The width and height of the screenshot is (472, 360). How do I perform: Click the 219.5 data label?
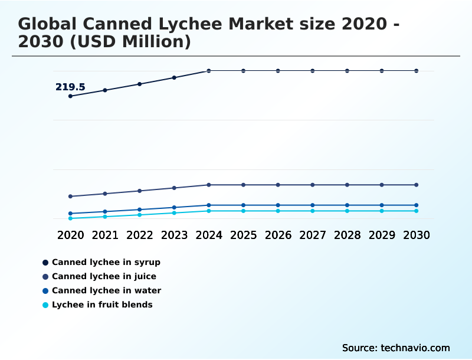pyautogui.click(x=70, y=87)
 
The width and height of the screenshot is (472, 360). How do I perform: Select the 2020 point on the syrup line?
pyautogui.click(x=71, y=96)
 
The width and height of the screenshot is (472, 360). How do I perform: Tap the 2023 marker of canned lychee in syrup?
pyautogui.click(x=174, y=77)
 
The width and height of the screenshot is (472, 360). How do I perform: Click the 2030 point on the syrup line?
pyautogui.click(x=416, y=71)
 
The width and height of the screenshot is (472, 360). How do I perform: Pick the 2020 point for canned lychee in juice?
pyautogui.click(x=71, y=197)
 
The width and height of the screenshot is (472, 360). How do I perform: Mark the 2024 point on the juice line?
pyautogui.click(x=209, y=185)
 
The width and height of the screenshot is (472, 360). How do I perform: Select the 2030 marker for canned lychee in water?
pyautogui.click(x=416, y=205)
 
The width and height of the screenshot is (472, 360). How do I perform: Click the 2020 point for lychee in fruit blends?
pyautogui.click(x=71, y=218)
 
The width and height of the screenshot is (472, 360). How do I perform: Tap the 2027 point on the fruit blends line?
pyautogui.click(x=313, y=211)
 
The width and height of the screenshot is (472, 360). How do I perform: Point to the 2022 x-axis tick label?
pyautogui.click(x=140, y=235)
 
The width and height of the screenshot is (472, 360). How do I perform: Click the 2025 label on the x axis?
pyautogui.click(x=243, y=235)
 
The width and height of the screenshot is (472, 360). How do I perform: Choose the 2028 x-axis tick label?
pyautogui.click(x=347, y=235)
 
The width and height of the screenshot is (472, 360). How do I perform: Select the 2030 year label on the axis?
pyautogui.click(x=416, y=235)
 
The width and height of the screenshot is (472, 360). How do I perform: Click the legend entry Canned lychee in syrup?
pyautogui.click(x=106, y=262)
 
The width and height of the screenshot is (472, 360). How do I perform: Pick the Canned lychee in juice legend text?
pyautogui.click(x=104, y=276)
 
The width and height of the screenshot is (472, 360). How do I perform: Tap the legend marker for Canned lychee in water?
pyautogui.click(x=45, y=290)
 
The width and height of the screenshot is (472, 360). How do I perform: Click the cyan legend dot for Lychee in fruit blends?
pyautogui.click(x=45, y=305)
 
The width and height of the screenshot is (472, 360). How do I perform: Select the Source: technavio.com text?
pyautogui.click(x=396, y=348)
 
